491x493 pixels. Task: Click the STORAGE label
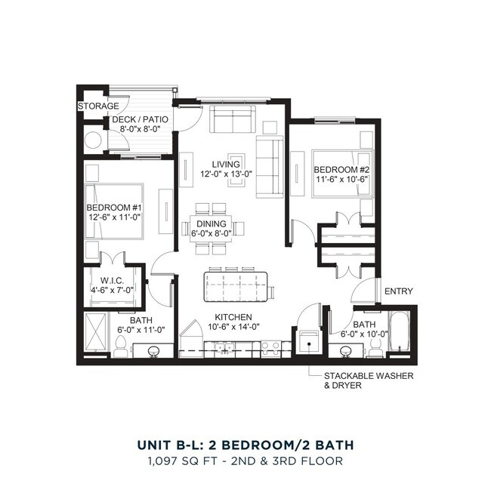coord(98,106)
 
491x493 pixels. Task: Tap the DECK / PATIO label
coord(140,120)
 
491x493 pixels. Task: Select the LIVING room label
coord(226,164)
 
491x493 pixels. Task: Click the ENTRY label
coord(398,291)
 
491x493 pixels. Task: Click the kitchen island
coord(235,286)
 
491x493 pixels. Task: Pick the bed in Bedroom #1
coord(113,211)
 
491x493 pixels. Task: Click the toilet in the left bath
coord(122,346)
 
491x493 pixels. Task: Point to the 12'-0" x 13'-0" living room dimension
coord(226,174)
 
